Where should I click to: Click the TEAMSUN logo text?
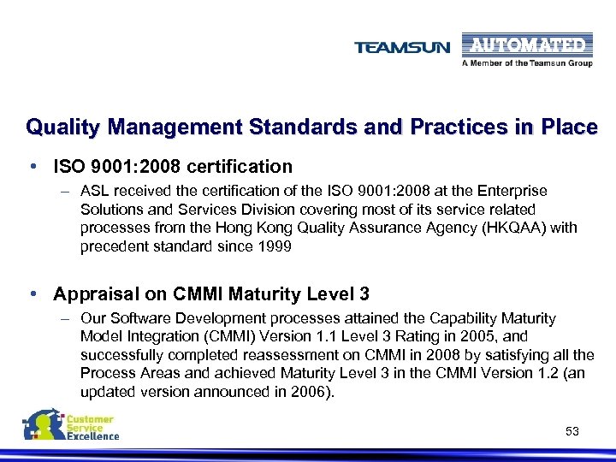coord(402,48)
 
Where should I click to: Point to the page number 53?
coord(572,431)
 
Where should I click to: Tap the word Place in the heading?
coord(568,127)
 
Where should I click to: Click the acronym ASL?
coord(95,191)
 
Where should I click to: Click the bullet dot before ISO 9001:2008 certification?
coord(32,166)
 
